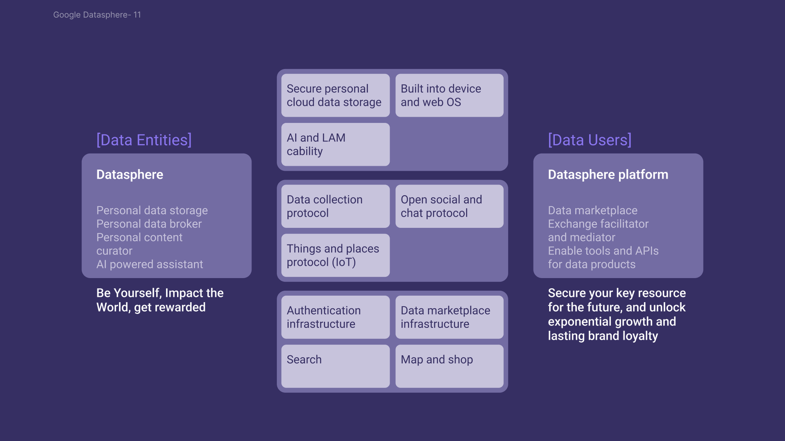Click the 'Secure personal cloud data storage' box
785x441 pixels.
[x=335, y=95]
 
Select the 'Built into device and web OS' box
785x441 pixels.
[x=449, y=95]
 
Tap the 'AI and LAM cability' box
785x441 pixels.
[x=335, y=144]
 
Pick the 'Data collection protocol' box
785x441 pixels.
[x=335, y=206]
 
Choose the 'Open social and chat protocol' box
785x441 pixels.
[x=449, y=206]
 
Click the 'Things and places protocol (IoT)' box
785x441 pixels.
[x=335, y=255]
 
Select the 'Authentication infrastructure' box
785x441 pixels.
[x=335, y=317]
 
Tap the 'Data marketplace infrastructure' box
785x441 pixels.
[x=449, y=317]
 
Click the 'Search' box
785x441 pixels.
[x=335, y=366]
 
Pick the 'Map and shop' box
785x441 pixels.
[x=449, y=366]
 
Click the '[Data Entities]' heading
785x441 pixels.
[x=144, y=140]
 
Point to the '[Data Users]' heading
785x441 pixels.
[x=589, y=140]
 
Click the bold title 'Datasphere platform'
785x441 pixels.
[x=608, y=175]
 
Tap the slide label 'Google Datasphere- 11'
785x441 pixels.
[x=97, y=15]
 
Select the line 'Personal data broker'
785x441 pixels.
[x=149, y=224]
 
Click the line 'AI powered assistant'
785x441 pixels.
[x=150, y=264]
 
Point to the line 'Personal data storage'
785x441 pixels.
[x=152, y=210]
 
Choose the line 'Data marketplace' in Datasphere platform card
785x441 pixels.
[x=593, y=210]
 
